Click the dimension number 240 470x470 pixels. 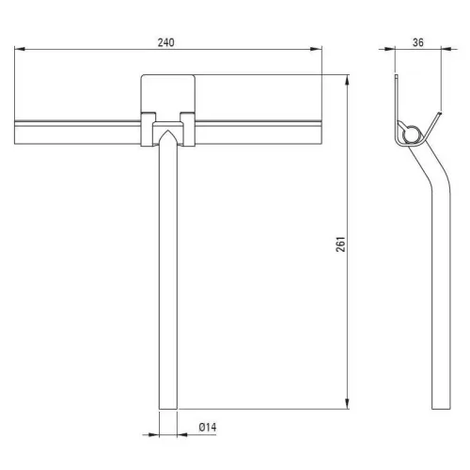click(165, 42)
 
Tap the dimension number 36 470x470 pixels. click(418, 42)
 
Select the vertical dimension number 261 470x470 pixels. click(340, 244)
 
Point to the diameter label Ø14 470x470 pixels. click(208, 427)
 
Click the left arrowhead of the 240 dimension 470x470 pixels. click(20, 49)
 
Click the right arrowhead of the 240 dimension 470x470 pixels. click(316, 49)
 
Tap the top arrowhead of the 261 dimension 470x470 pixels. click(347, 80)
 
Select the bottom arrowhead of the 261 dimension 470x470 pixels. click(347, 403)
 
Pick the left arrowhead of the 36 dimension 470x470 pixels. click(389, 49)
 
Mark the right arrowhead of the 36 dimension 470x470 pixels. click(446, 49)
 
